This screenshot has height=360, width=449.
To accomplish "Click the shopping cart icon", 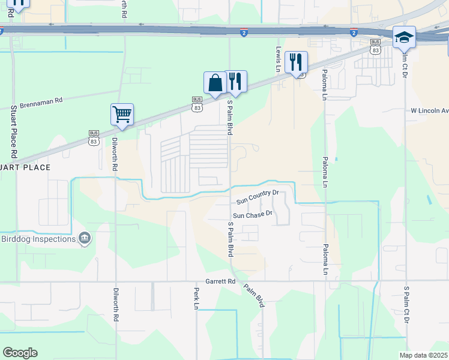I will pos(122,113).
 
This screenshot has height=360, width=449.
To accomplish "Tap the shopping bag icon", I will pos(215,83).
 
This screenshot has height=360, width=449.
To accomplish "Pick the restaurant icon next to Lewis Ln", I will pos(296,62).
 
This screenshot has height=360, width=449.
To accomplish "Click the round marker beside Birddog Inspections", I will pos(85,239).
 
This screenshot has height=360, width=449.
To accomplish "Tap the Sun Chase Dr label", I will pos(253,214).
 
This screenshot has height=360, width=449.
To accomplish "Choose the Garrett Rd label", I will pos(222,281).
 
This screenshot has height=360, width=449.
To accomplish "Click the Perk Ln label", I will pos(196,298).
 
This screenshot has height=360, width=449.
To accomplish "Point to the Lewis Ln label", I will pos(279,60).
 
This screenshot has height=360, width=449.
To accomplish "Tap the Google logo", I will pos(20,353).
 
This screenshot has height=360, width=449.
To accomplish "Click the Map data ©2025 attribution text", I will pos(423,355).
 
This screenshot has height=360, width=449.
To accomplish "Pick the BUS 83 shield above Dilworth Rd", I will pos(93,139).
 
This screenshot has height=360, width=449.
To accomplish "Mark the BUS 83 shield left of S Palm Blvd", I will pos(197,104).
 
